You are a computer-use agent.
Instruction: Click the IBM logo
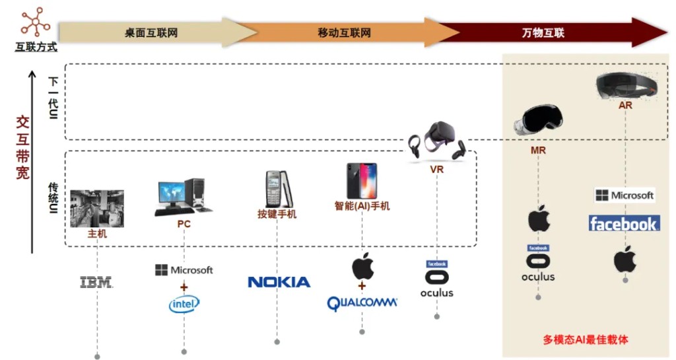coord(96,283)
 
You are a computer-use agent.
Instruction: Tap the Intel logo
coord(184,305)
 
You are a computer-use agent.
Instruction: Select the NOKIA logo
coord(279,282)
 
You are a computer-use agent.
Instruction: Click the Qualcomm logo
coord(362,303)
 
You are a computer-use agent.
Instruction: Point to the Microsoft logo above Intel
coord(184,270)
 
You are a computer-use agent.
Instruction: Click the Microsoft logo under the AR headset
coord(625,196)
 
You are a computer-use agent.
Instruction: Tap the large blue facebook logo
coord(625,224)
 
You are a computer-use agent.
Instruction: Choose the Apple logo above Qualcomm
coord(362,266)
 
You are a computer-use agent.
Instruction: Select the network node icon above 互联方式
coord(36,22)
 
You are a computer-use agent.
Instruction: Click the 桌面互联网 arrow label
coord(151,33)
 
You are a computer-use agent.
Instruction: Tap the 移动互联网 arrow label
coord(344,33)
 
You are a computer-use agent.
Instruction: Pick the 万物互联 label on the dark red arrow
coord(543,33)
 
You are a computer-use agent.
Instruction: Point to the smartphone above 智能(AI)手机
coord(362,180)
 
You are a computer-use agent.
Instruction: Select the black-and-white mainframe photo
coord(97,208)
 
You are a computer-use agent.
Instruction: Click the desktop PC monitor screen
coord(172,192)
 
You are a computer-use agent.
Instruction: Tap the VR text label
coord(437,170)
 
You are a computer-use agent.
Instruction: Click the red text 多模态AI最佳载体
coord(586,340)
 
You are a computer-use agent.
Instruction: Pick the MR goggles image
coord(539,120)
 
